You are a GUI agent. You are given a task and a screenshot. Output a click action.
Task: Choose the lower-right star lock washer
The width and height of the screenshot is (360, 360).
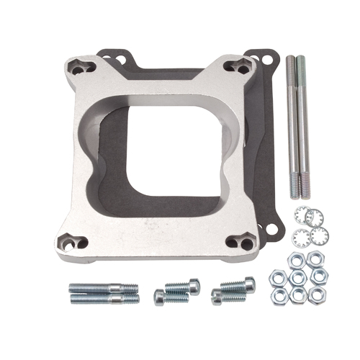[x=318, y=234]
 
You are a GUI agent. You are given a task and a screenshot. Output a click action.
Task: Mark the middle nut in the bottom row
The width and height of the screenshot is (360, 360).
[x=297, y=295]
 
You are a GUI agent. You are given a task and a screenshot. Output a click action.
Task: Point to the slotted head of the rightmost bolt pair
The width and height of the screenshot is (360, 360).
[x=248, y=284]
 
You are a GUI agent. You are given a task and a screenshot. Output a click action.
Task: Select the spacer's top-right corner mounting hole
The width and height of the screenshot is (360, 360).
[x=238, y=66]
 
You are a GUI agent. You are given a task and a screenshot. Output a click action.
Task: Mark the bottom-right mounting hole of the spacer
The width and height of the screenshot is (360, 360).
[x=240, y=243]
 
